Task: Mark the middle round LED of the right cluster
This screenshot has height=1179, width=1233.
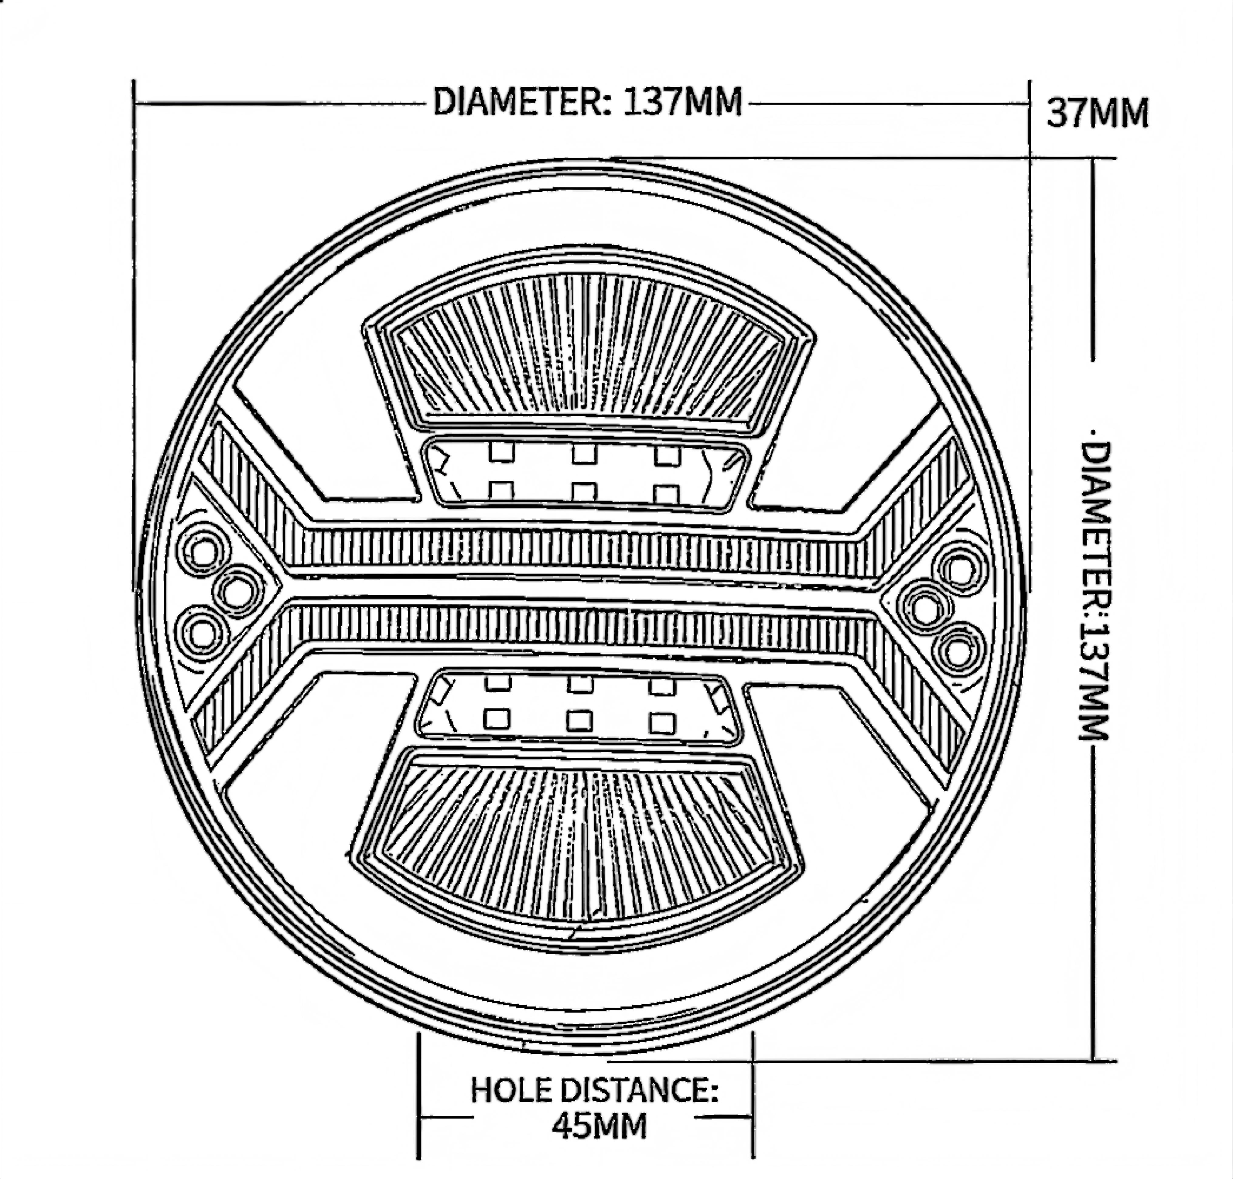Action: tap(925, 610)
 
